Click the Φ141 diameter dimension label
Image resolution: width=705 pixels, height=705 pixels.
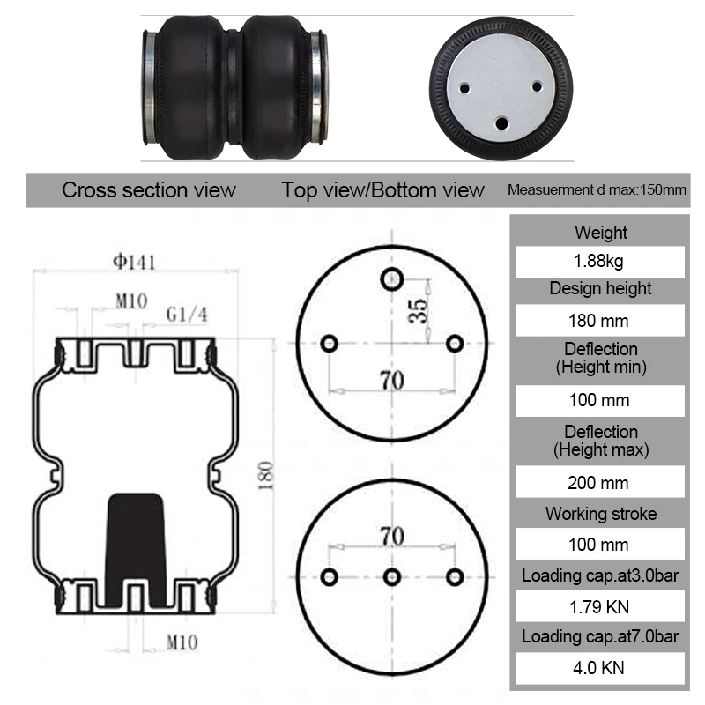(133, 261)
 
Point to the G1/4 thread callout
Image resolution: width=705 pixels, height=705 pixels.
(188, 314)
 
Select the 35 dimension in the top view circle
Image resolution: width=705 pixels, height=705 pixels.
(419, 309)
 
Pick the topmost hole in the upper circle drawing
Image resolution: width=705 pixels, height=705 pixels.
(391, 279)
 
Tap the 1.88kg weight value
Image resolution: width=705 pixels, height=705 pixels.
(600, 262)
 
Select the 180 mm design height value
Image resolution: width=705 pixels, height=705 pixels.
(600, 321)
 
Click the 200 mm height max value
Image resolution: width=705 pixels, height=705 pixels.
(600, 483)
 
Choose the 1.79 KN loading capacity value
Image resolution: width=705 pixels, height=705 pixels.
(600, 606)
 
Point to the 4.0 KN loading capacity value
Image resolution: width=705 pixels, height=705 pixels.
(600, 667)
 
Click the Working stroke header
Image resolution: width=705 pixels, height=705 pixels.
(600, 514)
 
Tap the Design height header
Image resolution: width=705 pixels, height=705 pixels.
(600, 288)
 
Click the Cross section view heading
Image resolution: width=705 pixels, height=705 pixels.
(149, 190)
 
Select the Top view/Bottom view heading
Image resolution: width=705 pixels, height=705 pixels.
(383, 190)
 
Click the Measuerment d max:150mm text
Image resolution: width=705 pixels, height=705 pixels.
(597, 191)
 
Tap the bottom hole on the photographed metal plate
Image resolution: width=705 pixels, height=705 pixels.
(502, 122)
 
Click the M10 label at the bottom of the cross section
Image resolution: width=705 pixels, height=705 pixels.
(182, 642)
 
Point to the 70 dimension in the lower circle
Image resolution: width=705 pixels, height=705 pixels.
(392, 536)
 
